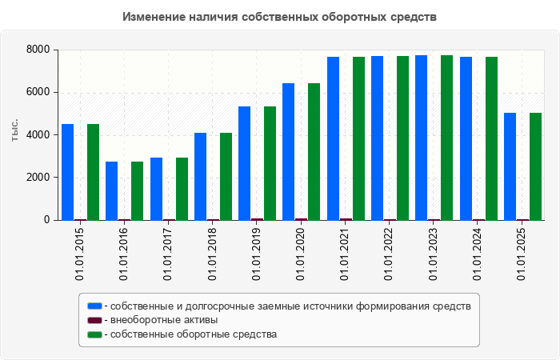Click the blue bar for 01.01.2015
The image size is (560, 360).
[68, 172]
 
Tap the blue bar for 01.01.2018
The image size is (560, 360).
[201, 176]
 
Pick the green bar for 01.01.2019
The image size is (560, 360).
[270, 163]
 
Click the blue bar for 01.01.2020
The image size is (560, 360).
[289, 151]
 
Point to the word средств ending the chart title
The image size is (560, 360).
[414, 17]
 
